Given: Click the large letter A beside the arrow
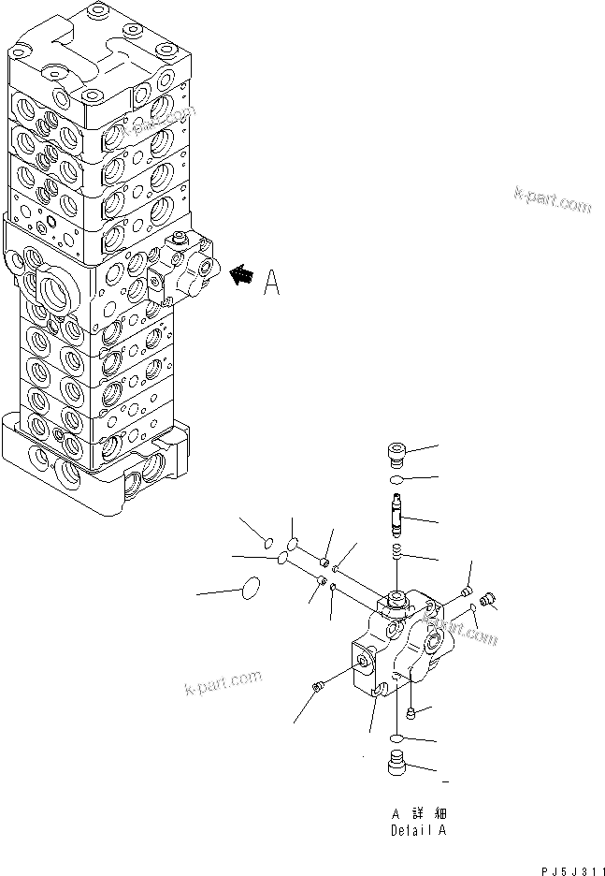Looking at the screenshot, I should click(272, 282).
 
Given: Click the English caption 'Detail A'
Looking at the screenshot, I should click(418, 830).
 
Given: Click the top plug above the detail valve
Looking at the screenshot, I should click(396, 457).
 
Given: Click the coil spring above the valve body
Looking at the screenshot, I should click(396, 552).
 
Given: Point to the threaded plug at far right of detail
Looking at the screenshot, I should click(484, 600).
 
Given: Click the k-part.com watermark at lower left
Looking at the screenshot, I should click(223, 690).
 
